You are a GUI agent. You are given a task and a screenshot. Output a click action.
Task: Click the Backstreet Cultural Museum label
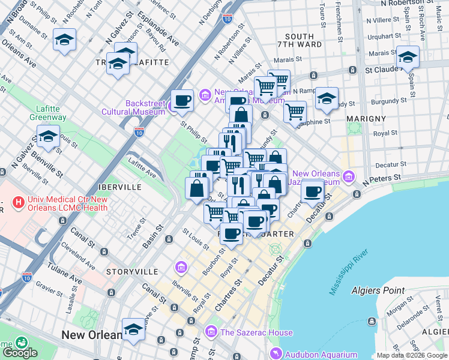(145, 107)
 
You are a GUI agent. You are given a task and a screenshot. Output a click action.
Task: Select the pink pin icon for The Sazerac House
(211, 332)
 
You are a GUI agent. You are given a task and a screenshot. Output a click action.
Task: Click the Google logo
(20, 353)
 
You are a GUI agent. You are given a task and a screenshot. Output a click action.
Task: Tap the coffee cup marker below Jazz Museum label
(312, 191)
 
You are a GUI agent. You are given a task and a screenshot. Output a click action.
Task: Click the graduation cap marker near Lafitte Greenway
(48, 137)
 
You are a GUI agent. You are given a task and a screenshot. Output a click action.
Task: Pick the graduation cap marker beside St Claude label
(408, 58)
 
